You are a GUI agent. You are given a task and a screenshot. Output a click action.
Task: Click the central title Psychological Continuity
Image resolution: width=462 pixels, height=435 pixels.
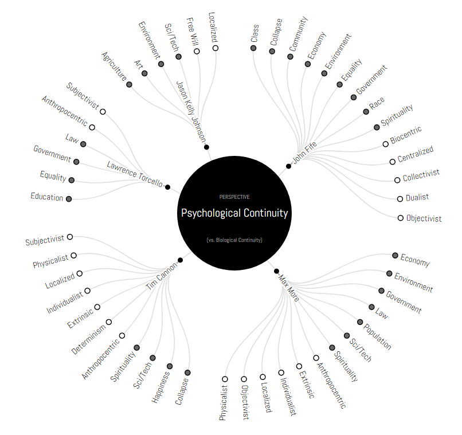234,213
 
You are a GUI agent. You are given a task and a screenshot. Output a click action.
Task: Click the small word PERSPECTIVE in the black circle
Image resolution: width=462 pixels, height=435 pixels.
234,197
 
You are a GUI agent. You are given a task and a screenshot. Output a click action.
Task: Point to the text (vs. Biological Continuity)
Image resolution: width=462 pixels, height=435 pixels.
234,240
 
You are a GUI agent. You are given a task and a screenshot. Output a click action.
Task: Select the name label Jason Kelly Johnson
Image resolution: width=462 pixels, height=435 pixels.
191,112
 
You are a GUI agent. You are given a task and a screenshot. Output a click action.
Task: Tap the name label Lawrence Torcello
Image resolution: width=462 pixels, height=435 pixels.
135,174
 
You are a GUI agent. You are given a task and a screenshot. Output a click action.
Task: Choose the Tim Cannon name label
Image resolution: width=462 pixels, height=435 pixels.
162,276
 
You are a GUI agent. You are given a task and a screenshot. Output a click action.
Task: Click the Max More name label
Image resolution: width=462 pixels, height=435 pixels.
289,288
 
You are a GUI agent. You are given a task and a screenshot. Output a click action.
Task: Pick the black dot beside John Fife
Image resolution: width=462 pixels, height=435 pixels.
288,166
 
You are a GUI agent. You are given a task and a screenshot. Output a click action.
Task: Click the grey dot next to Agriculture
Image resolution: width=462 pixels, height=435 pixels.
129,84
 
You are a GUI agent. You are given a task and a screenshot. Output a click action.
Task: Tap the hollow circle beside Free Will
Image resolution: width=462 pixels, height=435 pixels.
197,51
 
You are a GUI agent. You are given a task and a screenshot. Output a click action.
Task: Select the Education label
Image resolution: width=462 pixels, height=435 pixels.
47,197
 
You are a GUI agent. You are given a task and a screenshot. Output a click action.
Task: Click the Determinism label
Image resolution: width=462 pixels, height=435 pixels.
88,339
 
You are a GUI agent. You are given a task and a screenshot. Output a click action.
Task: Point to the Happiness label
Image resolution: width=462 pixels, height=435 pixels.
161,387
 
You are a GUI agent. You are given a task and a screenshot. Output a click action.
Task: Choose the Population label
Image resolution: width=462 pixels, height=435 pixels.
377,336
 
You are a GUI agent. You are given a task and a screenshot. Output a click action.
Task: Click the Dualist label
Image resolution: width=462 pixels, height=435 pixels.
417,197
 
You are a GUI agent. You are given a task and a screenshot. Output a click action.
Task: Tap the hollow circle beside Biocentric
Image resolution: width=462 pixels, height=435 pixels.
385,144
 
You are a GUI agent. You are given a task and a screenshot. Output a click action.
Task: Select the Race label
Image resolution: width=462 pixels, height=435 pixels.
377,103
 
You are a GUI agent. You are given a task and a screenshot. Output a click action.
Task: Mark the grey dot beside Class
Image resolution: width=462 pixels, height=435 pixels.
253,48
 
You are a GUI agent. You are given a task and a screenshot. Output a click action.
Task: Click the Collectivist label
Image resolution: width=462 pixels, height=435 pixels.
421,175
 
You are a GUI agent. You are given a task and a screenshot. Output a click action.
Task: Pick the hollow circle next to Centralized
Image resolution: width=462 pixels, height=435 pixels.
393,162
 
